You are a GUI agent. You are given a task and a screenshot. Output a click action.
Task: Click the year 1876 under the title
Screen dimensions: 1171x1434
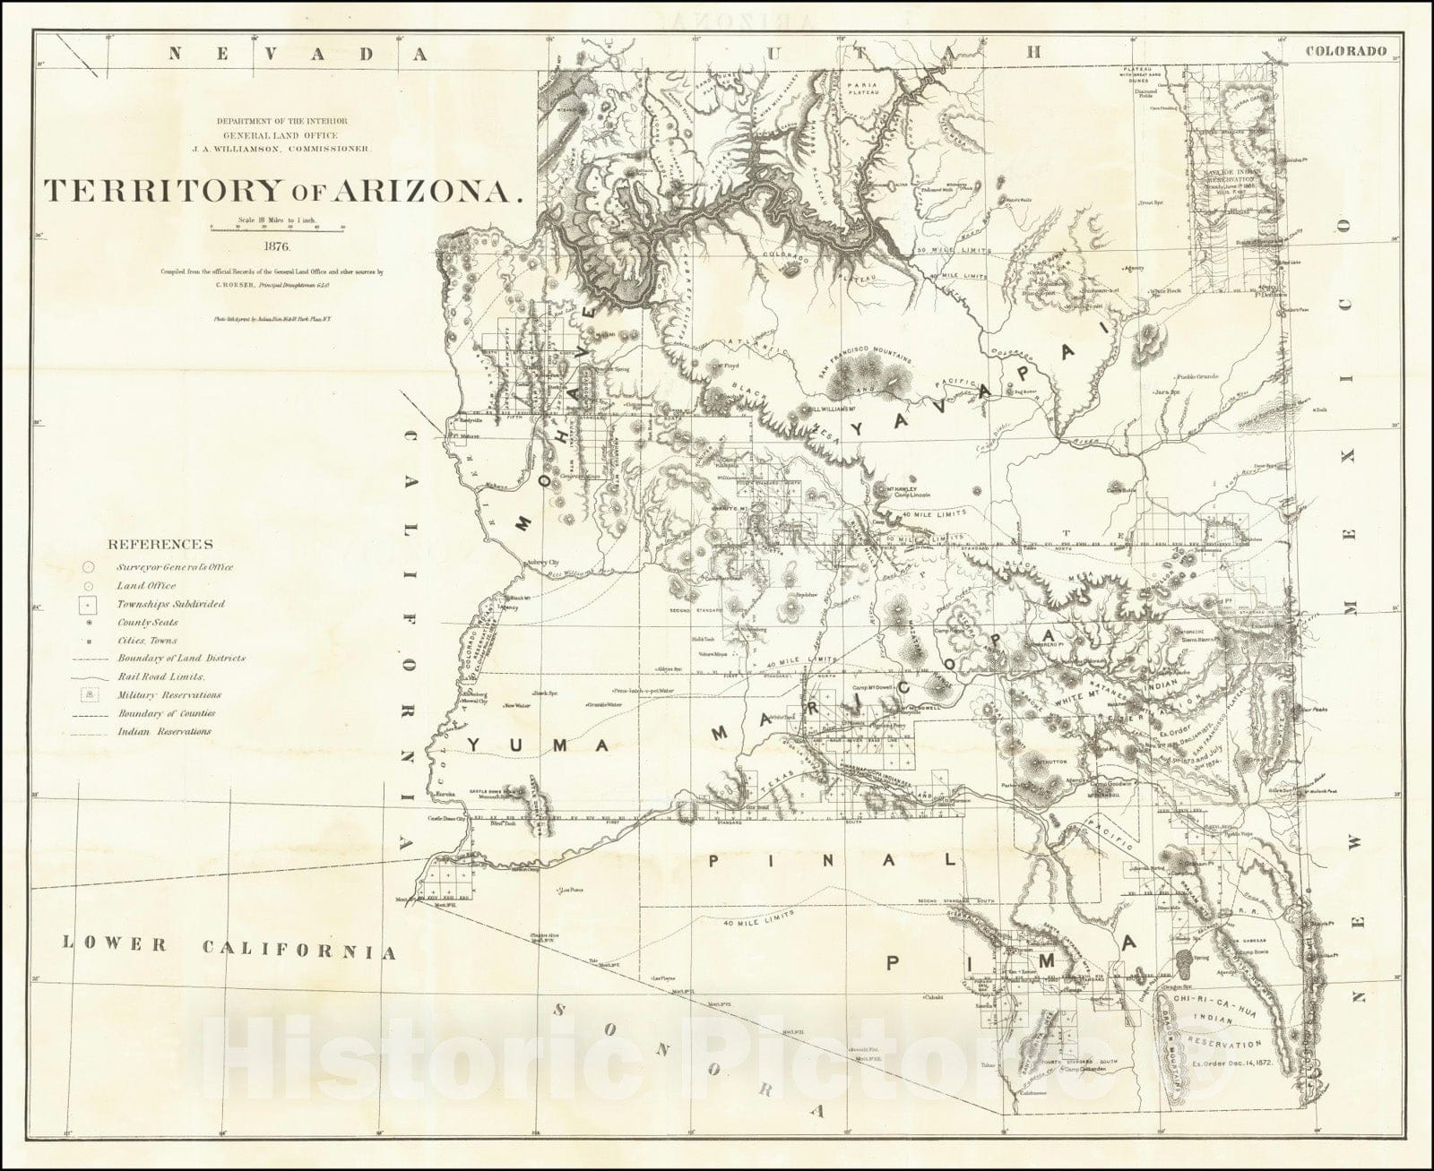[x=276, y=243]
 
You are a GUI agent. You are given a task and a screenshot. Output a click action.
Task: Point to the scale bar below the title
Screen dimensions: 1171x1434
[x=276, y=228]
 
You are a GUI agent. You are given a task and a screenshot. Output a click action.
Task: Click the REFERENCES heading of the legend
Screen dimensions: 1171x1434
[x=160, y=544]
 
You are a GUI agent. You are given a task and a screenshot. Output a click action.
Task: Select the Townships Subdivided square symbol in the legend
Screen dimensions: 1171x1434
[x=88, y=604]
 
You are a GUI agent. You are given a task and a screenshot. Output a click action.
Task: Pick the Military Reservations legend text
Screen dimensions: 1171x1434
[x=168, y=695]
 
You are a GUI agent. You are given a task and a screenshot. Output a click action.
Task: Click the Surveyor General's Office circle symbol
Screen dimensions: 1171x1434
[x=88, y=567]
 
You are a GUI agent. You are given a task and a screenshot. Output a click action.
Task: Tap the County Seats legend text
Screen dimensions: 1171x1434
[x=147, y=623]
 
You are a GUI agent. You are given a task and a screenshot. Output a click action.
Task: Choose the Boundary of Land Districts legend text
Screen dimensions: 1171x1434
[x=179, y=659]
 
